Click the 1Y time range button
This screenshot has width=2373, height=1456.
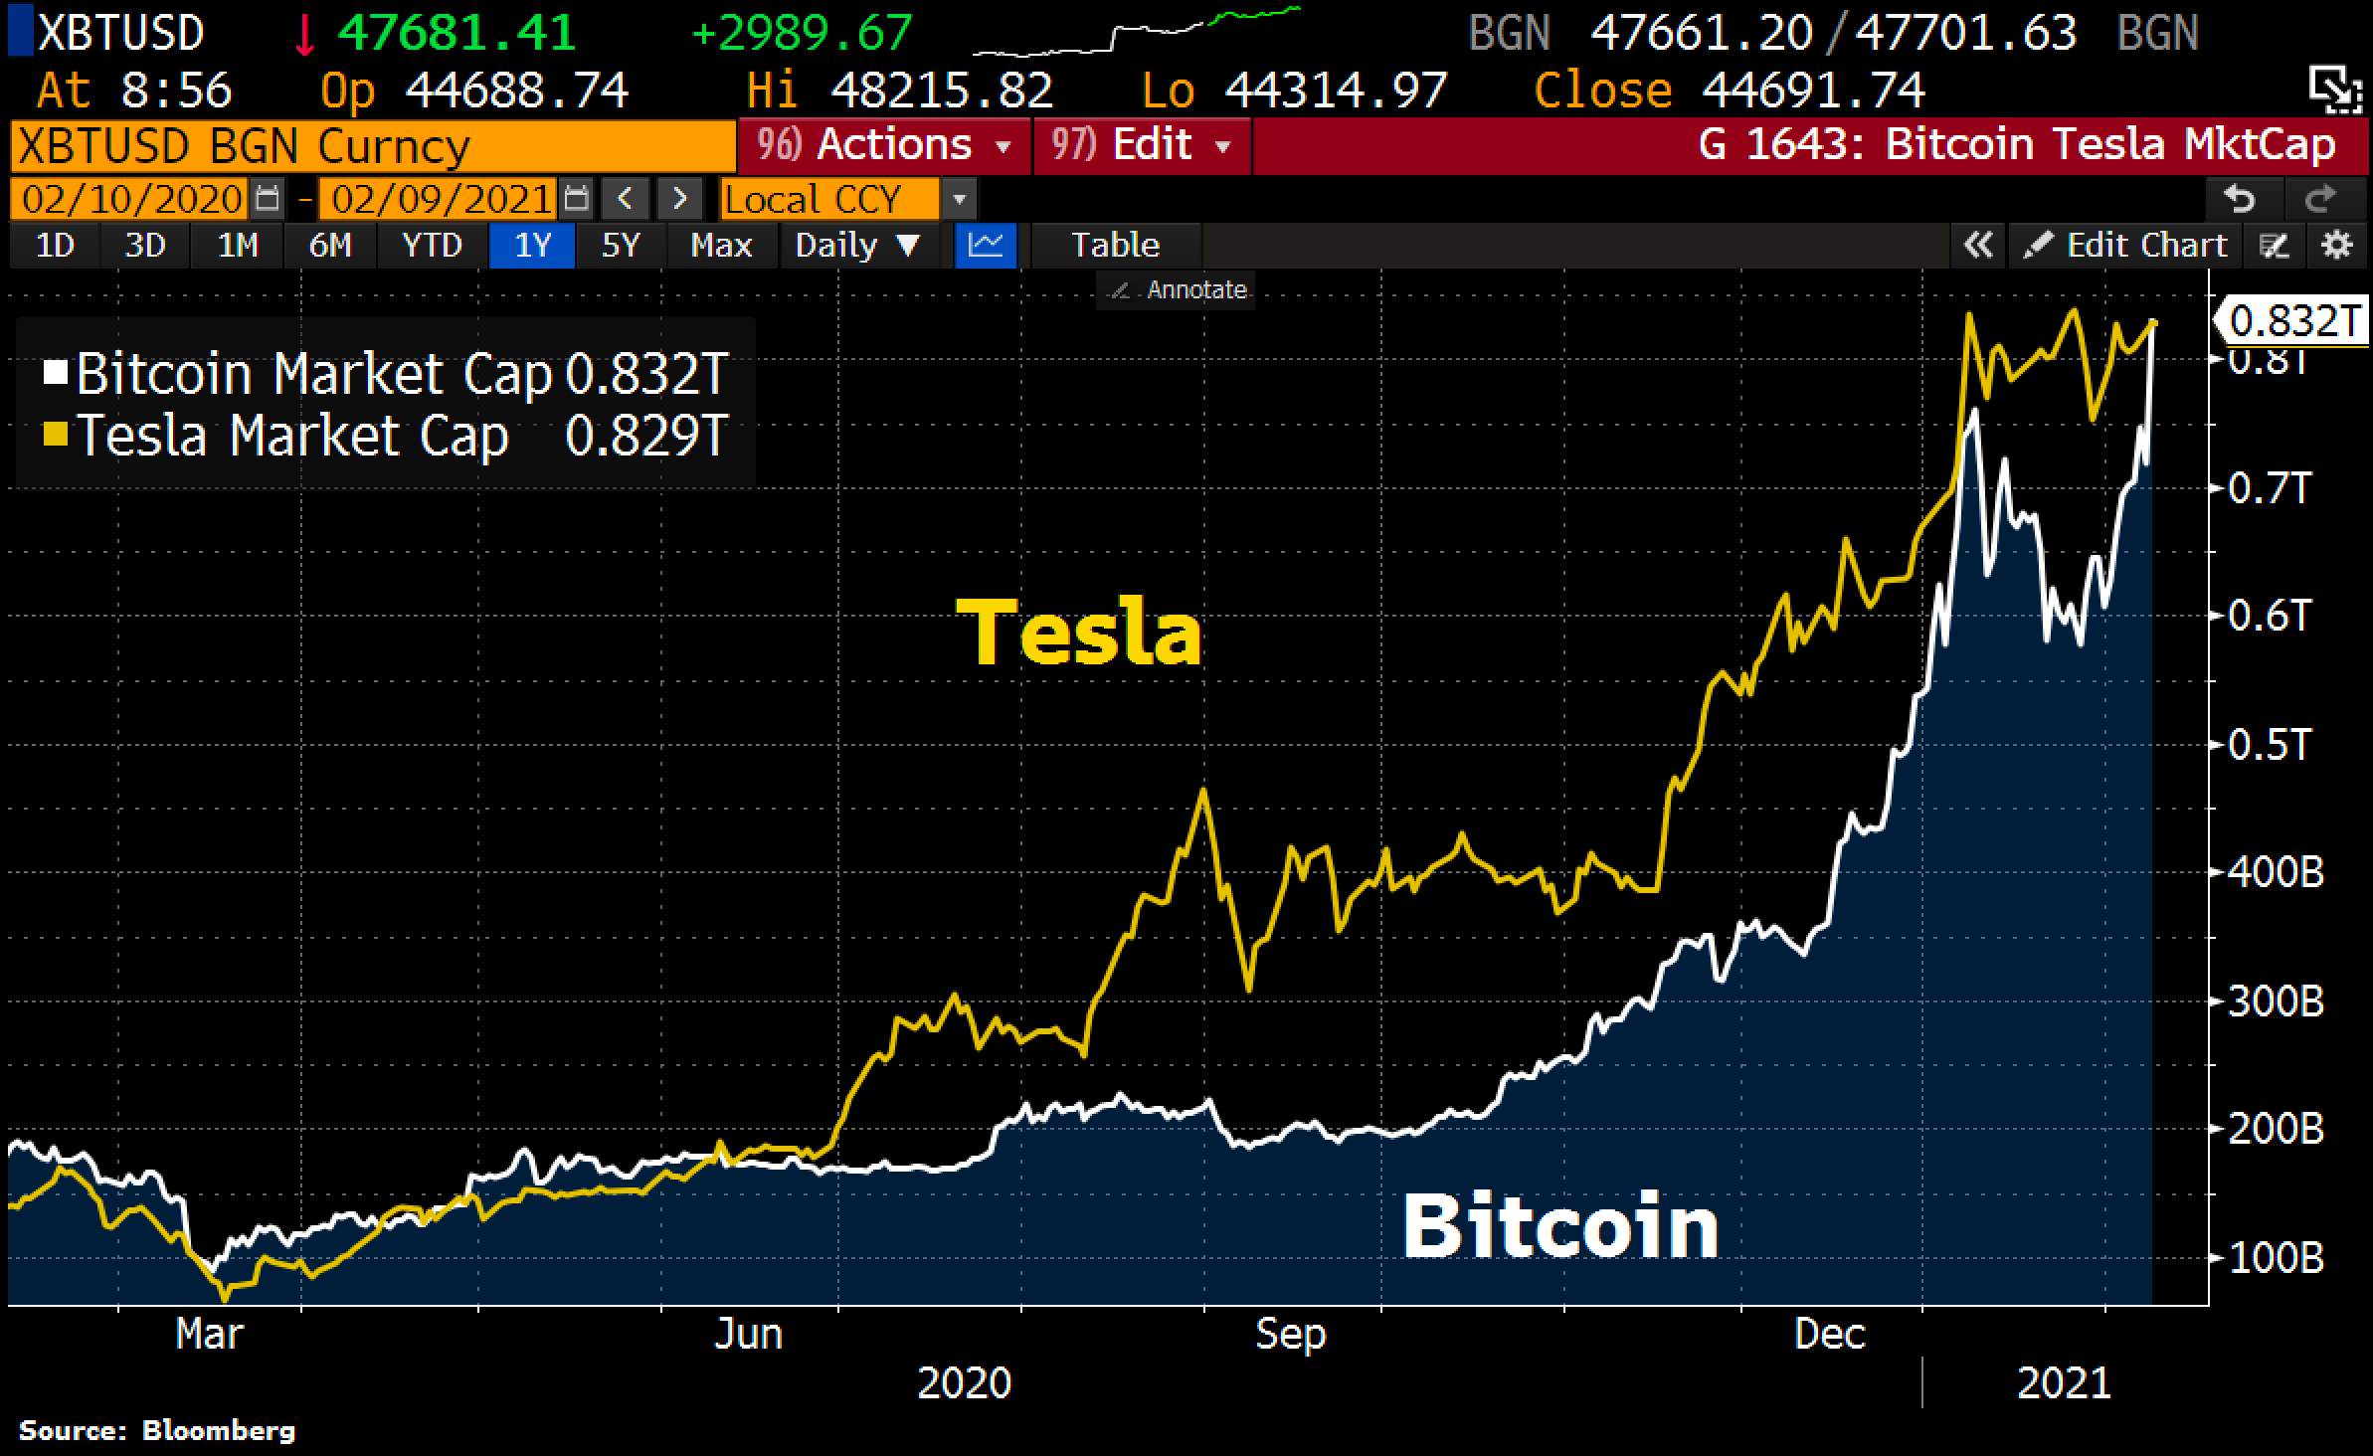click(532, 246)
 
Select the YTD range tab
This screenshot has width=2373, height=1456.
click(432, 246)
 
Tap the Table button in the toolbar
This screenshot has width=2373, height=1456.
click(1115, 246)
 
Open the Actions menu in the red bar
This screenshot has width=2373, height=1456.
click(884, 146)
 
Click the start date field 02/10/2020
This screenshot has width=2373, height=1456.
click(131, 200)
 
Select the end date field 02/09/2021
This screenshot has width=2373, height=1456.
click(441, 200)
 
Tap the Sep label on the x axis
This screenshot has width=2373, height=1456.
click(1290, 1334)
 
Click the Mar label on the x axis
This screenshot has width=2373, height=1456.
click(209, 1334)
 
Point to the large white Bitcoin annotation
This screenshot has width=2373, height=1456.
click(1559, 1226)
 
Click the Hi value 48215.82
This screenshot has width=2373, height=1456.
click(941, 91)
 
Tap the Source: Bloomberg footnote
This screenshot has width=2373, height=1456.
click(157, 1431)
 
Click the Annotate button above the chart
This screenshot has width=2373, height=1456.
click(1179, 290)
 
